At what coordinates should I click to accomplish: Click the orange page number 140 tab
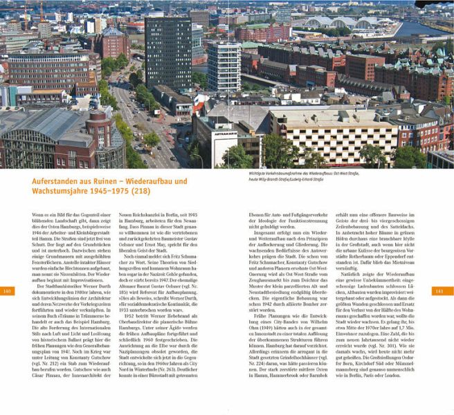tap(8, 290)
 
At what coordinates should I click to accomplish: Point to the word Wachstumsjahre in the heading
tap(60, 192)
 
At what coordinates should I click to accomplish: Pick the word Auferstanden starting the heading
tap(55, 181)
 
